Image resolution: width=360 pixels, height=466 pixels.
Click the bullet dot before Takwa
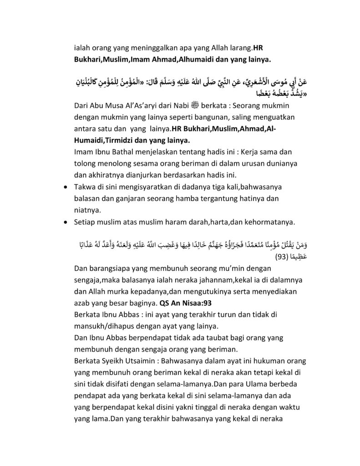point(67,187)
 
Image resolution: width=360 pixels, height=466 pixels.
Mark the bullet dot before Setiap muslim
point(67,223)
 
